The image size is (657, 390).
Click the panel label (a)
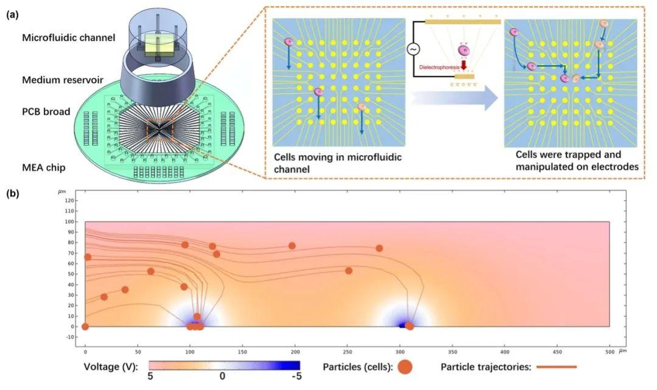coord(12,16)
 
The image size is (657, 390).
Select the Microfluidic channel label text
coord(69,38)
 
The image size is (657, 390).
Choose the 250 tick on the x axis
coord(347,352)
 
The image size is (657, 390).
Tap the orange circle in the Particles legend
coord(406,367)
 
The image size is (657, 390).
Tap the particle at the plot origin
coord(85,327)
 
